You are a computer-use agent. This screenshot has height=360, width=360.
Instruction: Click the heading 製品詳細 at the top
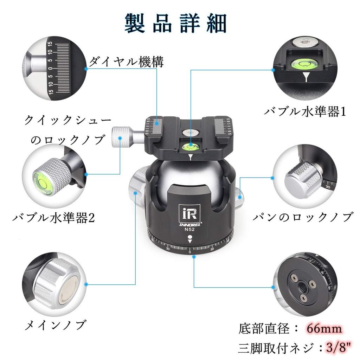(x=175, y=24)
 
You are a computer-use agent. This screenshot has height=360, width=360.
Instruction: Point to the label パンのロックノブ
(x=303, y=217)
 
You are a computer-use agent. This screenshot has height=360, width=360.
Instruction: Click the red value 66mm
(x=324, y=329)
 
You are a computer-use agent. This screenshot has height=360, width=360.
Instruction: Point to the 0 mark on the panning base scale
(x=190, y=252)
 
